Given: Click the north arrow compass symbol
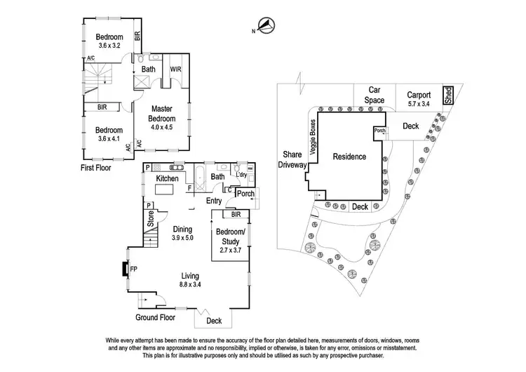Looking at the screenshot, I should click(x=264, y=27).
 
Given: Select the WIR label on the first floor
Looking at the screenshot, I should click(x=175, y=69).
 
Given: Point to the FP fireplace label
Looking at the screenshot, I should click(x=133, y=268).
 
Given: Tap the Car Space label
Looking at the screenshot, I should click(x=374, y=95).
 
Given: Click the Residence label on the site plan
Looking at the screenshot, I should click(x=349, y=157).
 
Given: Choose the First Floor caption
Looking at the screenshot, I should click(x=95, y=168).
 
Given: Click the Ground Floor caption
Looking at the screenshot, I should click(x=155, y=318).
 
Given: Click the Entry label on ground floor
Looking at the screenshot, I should click(x=214, y=201).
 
